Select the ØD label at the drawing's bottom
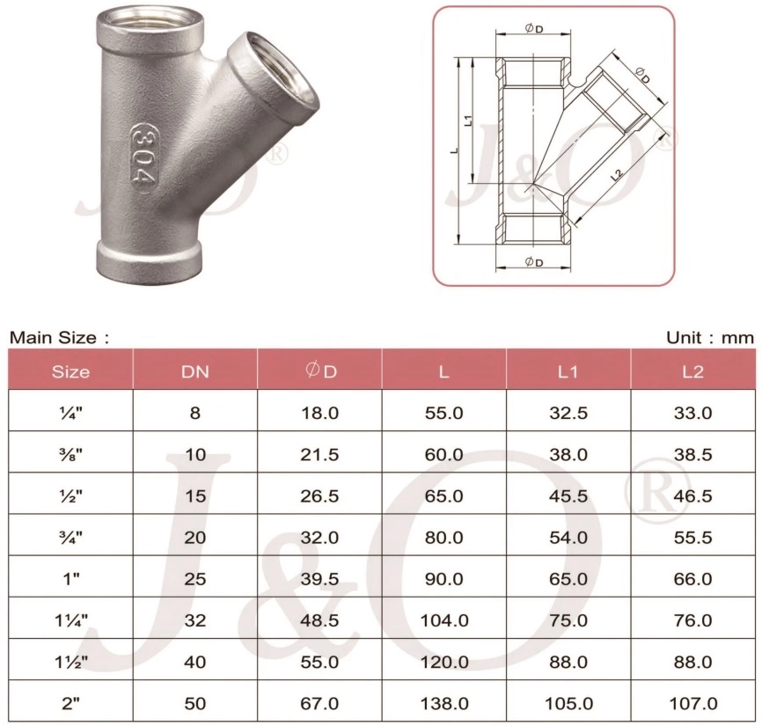click(x=533, y=262)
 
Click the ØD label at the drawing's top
click(x=533, y=28)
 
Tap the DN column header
click(x=194, y=371)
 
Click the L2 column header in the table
click(x=692, y=371)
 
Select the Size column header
click(x=70, y=371)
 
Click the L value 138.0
click(x=443, y=703)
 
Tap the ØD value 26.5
click(x=319, y=495)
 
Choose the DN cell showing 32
click(x=194, y=620)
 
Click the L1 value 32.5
click(x=568, y=413)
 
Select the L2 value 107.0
click(x=692, y=703)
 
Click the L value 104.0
click(x=443, y=620)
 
